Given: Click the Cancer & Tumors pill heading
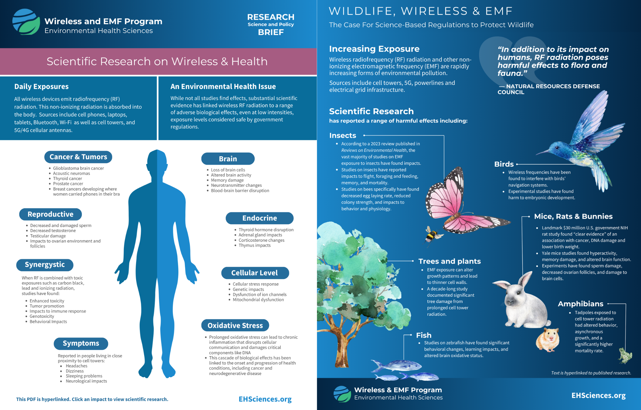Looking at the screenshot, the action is click(78, 157).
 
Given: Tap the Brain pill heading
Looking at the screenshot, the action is click(228, 159).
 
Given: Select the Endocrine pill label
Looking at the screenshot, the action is click(259, 218).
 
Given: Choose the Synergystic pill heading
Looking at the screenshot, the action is click(45, 265).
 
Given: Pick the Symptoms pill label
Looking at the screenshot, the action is click(81, 343).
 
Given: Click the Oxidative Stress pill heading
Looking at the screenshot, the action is click(235, 325).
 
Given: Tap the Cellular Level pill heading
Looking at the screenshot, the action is click(255, 273).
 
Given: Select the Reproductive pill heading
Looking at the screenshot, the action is click(50, 214).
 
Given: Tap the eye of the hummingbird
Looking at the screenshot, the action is click(557, 147).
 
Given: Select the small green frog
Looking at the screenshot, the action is click(625, 355).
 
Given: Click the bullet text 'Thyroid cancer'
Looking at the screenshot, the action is click(67, 179).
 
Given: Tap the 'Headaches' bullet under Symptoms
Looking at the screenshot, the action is click(76, 366).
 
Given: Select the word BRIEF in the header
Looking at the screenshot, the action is click(271, 32).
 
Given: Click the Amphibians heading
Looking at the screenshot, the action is click(580, 304).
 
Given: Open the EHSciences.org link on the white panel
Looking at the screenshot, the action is click(265, 399).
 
